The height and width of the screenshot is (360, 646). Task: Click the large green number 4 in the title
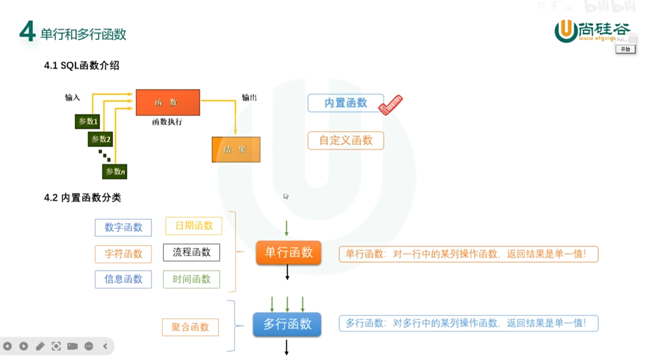pos(27,32)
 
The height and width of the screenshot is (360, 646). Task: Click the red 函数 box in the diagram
pos(168,102)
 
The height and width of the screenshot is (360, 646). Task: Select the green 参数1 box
pos(88,122)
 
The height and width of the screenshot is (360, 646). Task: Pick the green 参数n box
pos(115,172)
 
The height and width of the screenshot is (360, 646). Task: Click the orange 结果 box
pos(236,149)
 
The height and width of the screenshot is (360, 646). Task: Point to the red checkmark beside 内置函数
pos(391,105)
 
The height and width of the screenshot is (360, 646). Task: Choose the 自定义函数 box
pos(346,140)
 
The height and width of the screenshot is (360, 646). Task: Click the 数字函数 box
pos(123,228)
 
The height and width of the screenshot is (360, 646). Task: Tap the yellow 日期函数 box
pos(194,226)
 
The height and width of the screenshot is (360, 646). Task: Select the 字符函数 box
pos(123,254)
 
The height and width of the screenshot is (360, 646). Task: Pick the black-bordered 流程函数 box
pos(191,252)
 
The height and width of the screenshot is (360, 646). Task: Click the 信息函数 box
pos(123,279)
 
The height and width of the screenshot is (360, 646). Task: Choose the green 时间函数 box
pos(191,279)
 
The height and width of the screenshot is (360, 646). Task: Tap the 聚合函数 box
pos(190,327)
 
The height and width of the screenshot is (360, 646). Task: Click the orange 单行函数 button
pos(289,252)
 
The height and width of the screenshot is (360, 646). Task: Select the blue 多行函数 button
pos(287,324)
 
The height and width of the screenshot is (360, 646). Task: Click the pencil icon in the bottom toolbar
pos(40,346)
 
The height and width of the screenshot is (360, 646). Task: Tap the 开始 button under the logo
pos(625,49)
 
